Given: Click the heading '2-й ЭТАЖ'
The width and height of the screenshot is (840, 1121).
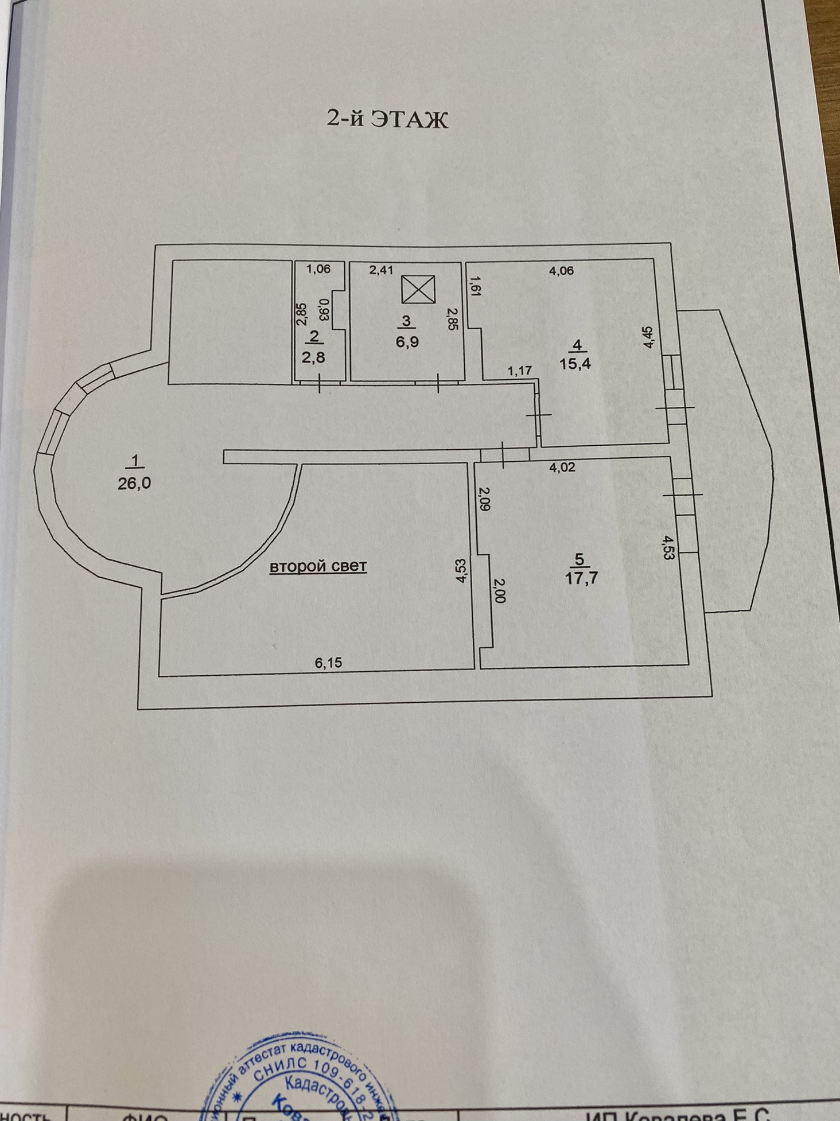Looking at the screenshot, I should click(387, 119).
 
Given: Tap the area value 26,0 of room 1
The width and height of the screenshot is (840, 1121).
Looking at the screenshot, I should click(134, 483).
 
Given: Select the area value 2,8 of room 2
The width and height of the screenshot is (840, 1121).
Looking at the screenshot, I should click(313, 357).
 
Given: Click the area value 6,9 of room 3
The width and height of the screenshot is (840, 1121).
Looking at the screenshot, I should click(407, 342).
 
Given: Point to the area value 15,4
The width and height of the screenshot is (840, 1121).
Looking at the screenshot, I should click(575, 363).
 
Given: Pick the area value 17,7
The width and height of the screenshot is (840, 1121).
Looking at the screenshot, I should click(581, 577).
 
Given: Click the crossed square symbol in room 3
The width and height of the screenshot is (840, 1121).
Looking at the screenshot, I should click(418, 289).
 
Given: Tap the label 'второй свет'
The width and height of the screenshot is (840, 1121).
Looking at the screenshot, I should click(318, 566).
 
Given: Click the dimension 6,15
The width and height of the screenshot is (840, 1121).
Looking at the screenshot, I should click(328, 663).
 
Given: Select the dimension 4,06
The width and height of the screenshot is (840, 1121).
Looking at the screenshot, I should click(561, 271).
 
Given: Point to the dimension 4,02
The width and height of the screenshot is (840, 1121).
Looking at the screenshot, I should click(562, 467).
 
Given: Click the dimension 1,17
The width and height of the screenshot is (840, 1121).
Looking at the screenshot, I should click(519, 371).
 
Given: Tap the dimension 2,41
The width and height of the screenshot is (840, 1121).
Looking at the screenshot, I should click(381, 270).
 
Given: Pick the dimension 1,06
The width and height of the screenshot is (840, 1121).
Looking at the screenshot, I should click(318, 268).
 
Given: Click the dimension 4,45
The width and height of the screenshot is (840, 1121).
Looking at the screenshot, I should click(648, 337).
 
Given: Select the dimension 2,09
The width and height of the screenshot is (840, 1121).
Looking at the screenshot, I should click(484, 499).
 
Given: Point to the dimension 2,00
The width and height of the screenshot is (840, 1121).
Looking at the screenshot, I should click(498, 590).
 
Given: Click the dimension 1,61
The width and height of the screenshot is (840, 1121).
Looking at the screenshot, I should click(475, 285).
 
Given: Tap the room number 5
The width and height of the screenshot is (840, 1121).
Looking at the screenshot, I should click(579, 558).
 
